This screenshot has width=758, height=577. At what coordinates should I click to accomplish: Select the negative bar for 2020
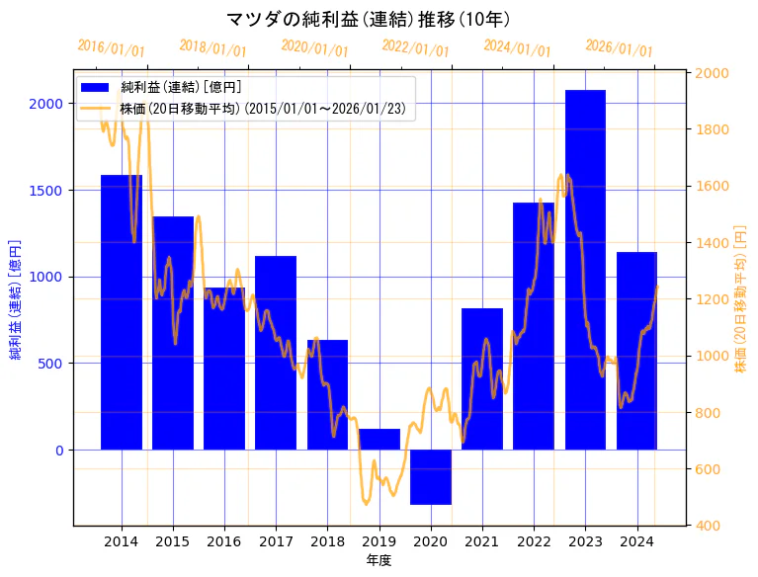pyautogui.click(x=431, y=477)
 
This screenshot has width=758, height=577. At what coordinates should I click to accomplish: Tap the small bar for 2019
pyautogui.click(x=379, y=439)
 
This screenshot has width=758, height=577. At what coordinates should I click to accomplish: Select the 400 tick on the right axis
pyautogui.click(x=711, y=526)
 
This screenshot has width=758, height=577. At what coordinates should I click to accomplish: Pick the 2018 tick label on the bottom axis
pyautogui.click(x=327, y=541)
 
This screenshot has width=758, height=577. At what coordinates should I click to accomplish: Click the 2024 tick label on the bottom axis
pyautogui.click(x=636, y=541)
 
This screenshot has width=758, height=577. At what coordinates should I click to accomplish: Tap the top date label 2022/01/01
pyautogui.click(x=415, y=47)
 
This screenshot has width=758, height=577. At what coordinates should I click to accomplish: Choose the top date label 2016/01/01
pyautogui.click(x=111, y=47)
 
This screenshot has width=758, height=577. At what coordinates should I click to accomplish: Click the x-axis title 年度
pyautogui.click(x=379, y=560)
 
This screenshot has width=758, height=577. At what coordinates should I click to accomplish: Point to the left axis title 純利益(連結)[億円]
pyautogui.click(x=16, y=299)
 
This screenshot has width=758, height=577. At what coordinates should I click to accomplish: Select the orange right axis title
pyautogui.click(x=740, y=299)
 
